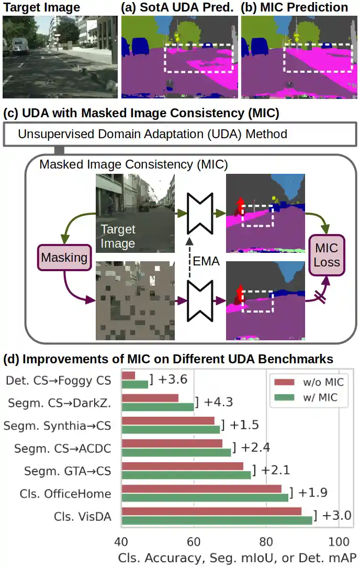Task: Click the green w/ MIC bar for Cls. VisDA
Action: pyautogui.click(x=217, y=520)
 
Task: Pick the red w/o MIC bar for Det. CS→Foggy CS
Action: pyautogui.click(x=128, y=375)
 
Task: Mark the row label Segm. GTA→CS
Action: pyautogui.click(x=67, y=471)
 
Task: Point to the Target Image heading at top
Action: pyautogui.click(x=42, y=7)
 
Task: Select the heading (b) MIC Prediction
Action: pyautogui.click(x=294, y=7)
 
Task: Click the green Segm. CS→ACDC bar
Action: pyautogui.click(x=176, y=452)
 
